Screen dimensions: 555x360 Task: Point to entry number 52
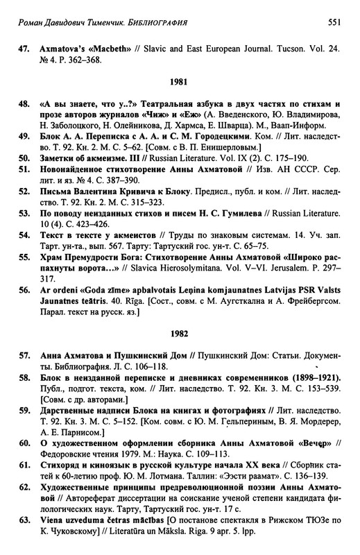(23, 212)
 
